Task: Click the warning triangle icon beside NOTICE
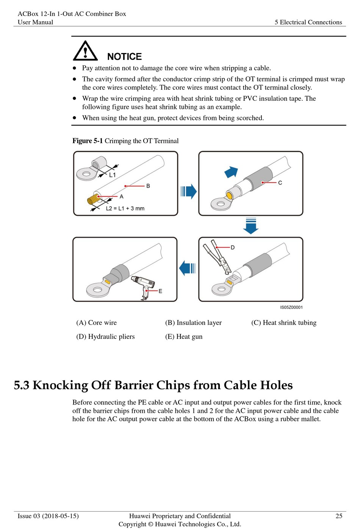[x=85, y=51]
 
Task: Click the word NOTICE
[x=124, y=57]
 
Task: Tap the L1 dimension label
[x=112, y=175]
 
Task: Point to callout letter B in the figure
[x=148, y=186]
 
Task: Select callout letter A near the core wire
[x=122, y=197]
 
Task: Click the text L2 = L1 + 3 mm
[x=125, y=208]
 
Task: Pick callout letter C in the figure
[x=280, y=183]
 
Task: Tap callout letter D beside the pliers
[x=233, y=247]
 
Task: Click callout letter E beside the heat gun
[x=160, y=291]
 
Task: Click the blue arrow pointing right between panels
[x=188, y=191]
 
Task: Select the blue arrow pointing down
[x=251, y=226]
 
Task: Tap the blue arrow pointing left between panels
[x=187, y=268]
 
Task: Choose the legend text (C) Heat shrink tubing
[x=284, y=323]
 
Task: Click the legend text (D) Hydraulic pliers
[x=105, y=337]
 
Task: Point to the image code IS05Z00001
[x=291, y=307]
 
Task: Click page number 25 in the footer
[x=339, y=516]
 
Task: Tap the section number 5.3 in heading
[x=21, y=385]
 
